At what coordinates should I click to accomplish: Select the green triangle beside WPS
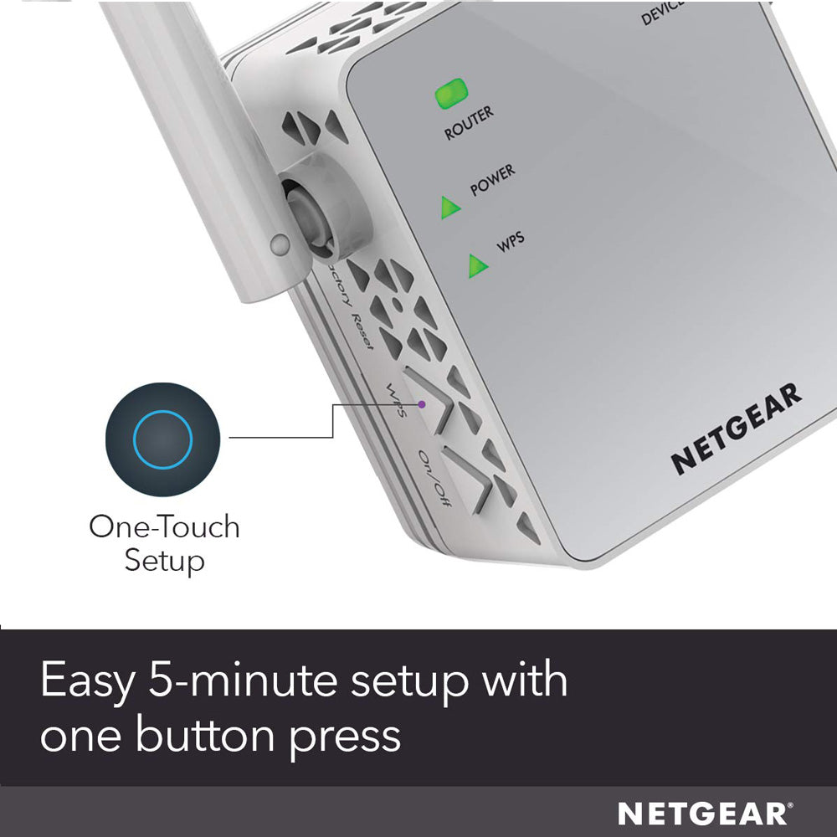click(x=478, y=265)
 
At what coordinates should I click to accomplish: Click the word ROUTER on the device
click(x=469, y=124)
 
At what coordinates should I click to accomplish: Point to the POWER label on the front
click(x=492, y=181)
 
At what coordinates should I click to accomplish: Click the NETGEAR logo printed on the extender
click(x=737, y=429)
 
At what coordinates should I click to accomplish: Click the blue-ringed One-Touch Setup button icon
click(x=162, y=439)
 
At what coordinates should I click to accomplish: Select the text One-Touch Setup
click(x=164, y=543)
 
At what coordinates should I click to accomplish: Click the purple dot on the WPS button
click(x=423, y=404)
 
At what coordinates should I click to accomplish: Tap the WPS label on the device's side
click(x=394, y=401)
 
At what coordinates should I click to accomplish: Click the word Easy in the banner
click(x=87, y=681)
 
